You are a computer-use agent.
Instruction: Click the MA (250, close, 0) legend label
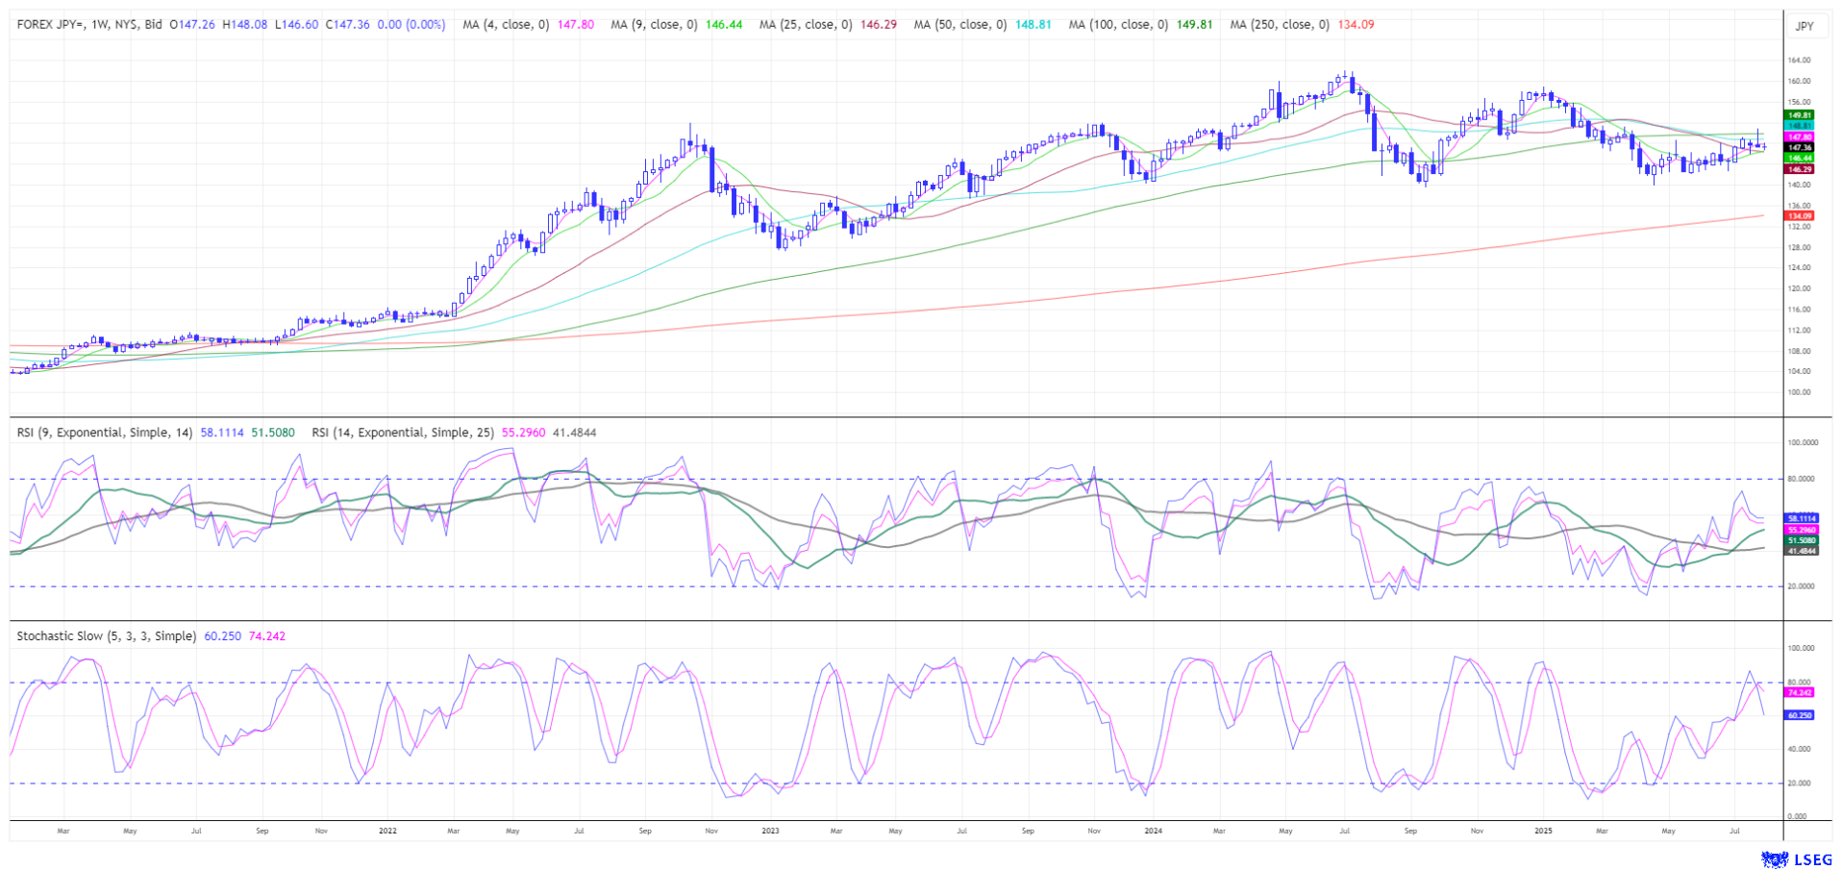(1280, 25)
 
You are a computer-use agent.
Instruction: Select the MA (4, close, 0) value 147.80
(576, 25)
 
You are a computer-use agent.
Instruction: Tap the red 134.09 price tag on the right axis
(1800, 216)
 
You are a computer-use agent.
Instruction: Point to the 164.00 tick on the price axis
(1800, 61)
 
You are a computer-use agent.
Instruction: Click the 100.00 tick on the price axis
(1800, 392)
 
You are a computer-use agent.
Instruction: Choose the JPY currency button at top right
(1805, 26)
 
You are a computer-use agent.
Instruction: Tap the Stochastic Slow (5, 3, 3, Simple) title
(106, 636)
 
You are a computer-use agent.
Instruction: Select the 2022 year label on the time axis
(387, 831)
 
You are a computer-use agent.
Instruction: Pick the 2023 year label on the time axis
(770, 831)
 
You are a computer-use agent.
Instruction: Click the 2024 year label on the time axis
(1153, 831)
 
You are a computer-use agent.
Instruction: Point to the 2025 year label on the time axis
(1543, 831)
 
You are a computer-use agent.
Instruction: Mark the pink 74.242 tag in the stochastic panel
(1800, 692)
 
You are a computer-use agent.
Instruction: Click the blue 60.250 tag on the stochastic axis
(1800, 715)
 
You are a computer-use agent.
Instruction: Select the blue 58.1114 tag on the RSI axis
(1802, 518)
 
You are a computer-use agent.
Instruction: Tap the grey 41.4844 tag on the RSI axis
(1802, 551)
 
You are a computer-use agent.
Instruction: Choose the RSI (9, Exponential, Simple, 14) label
(105, 433)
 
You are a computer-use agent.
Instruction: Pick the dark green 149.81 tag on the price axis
(1800, 115)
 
